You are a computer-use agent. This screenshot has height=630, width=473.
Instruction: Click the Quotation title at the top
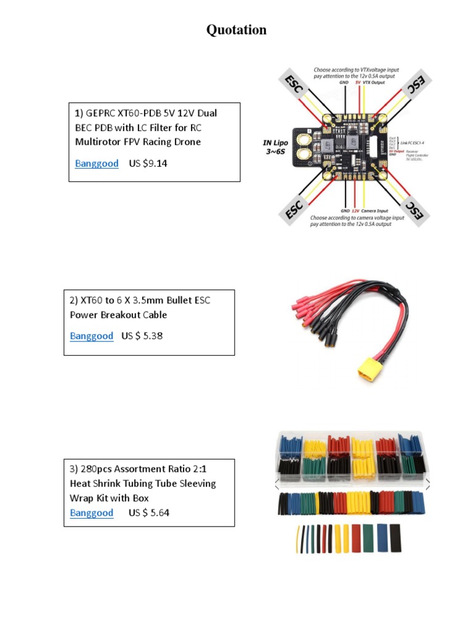236,30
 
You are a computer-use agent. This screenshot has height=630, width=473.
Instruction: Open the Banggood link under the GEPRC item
97,164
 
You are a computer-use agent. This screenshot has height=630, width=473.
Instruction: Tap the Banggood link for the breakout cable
92,336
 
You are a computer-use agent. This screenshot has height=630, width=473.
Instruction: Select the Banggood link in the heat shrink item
92,513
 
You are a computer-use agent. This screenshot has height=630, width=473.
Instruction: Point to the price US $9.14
148,164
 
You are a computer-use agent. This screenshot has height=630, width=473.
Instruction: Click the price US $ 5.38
142,336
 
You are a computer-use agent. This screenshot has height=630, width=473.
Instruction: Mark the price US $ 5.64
149,513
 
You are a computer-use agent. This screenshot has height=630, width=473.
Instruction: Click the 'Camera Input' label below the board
377,210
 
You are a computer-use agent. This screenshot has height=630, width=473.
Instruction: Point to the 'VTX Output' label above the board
374,82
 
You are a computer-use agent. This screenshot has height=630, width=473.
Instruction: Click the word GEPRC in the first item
100,113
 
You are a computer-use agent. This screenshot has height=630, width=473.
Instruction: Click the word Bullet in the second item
174,301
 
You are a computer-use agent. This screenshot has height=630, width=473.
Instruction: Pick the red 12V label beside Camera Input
355,210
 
